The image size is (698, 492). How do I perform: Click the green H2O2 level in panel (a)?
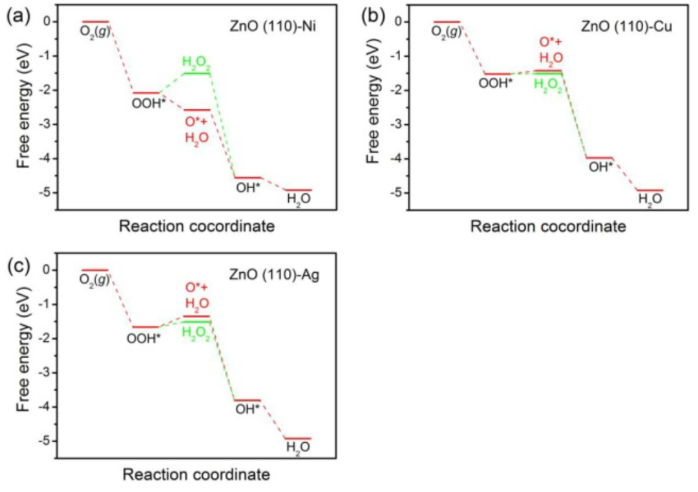pyautogui.click(x=196, y=73)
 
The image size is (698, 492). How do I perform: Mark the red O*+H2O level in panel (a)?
pyautogui.click(x=196, y=110)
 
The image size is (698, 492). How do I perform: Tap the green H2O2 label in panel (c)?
pyautogui.click(x=196, y=332)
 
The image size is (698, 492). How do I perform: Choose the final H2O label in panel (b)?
pyautogui.click(x=650, y=200)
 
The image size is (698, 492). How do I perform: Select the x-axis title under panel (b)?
pyautogui.click(x=548, y=227)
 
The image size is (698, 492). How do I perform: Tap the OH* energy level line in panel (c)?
pyautogui.click(x=248, y=400)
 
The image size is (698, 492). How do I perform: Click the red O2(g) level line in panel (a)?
pyautogui.click(x=95, y=21)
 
